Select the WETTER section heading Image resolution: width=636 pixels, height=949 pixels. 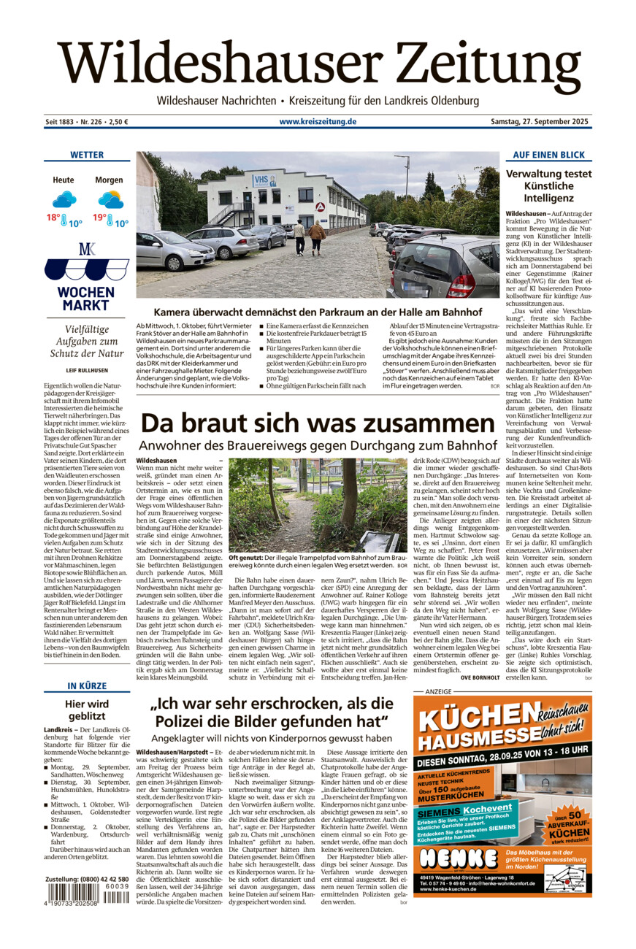(x=87, y=155)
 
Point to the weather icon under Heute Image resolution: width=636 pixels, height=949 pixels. (x=64, y=199)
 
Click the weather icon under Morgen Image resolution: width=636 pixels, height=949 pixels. (x=110, y=199)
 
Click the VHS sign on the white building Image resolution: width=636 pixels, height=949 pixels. (x=261, y=180)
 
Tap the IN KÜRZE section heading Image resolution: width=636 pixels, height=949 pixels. (x=87, y=686)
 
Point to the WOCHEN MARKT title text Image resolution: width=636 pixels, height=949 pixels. (x=87, y=299)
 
